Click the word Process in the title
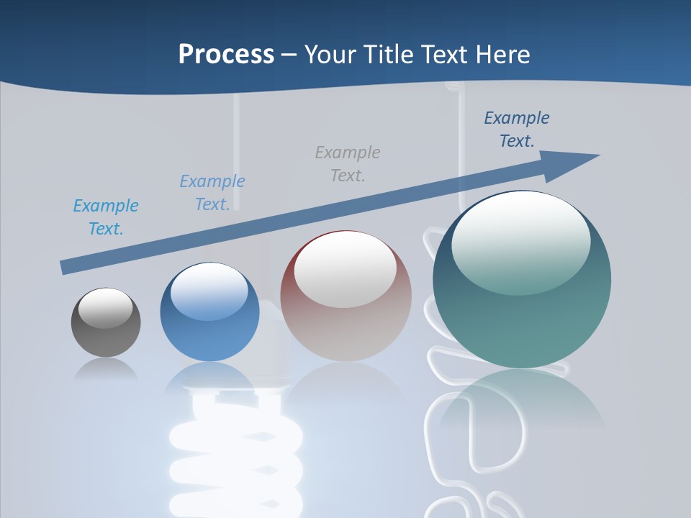226,55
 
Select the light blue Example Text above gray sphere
106,217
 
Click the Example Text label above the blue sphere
212,192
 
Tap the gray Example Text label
348,163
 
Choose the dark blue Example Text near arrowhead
517,129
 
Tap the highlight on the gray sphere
105,308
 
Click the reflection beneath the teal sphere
522,403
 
